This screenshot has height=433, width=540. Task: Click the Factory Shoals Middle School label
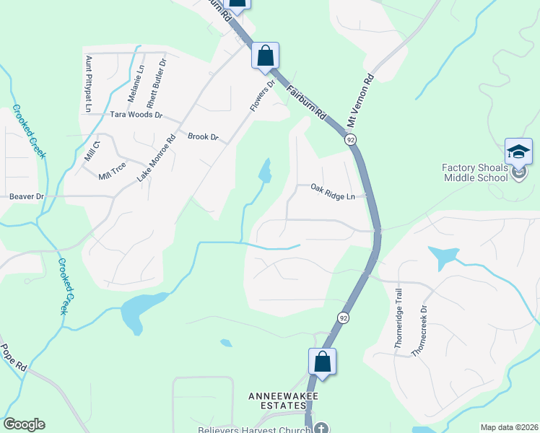click(x=475, y=172)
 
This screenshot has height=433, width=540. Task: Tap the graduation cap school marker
click(x=518, y=152)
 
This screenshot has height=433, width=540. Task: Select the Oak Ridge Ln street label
click(x=333, y=192)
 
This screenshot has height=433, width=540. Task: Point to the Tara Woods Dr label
click(x=136, y=115)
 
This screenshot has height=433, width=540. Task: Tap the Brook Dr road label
click(x=202, y=136)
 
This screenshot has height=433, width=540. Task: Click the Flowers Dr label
click(x=263, y=95)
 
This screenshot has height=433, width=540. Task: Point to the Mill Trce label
click(x=113, y=171)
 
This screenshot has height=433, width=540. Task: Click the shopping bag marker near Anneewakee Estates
click(x=323, y=361)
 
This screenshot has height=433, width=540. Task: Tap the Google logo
click(x=24, y=424)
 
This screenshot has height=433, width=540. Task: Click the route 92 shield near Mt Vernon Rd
click(x=349, y=139)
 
